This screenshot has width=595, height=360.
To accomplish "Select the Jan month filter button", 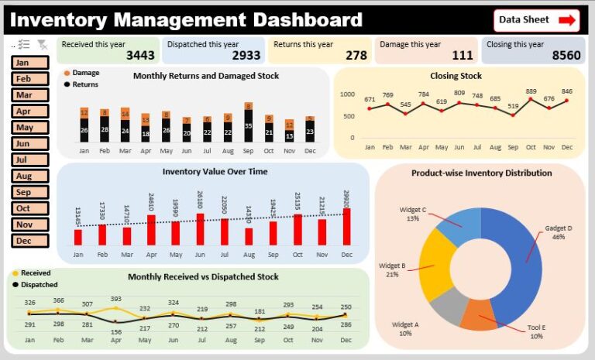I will coord(30,63).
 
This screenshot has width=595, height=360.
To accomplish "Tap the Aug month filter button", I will coord(30,176).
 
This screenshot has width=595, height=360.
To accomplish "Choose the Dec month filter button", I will coord(30,241).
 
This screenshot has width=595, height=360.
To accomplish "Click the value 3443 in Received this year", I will coord(140,56).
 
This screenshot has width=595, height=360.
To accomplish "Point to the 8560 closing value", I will coord(566,56).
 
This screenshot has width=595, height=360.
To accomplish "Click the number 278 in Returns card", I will coord(356,56).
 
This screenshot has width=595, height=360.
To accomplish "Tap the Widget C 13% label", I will coord(412,214).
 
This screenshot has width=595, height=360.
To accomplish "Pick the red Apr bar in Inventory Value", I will coord(151,230).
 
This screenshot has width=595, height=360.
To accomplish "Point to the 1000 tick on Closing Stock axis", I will coord(347,94).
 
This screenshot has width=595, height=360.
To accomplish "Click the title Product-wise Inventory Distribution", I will coord(481,173).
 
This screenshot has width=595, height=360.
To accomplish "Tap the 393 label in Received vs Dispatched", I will coord(116,298).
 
